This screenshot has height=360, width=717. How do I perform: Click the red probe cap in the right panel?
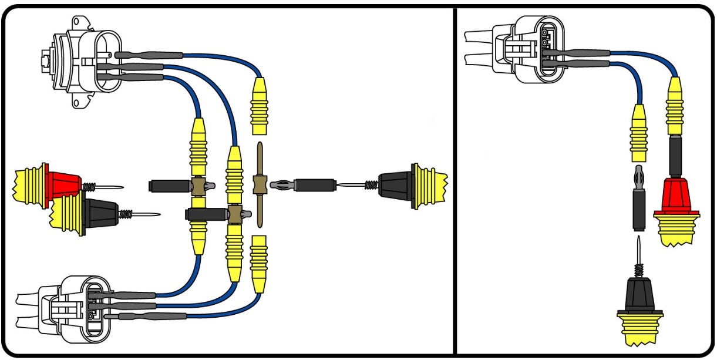tap(675, 197)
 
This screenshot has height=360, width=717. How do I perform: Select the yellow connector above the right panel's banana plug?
tap(638, 132)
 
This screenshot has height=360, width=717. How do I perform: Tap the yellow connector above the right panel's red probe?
tap(675, 106)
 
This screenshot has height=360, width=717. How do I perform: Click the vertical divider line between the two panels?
tap(456, 176)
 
